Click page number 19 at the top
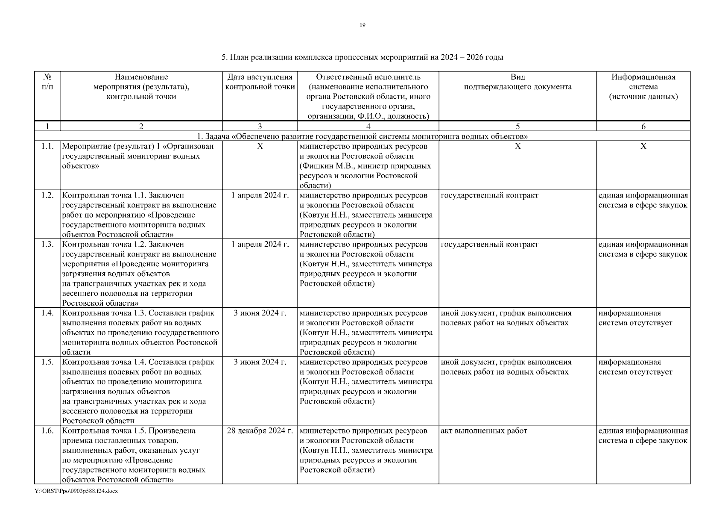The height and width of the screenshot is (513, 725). pos(362,25)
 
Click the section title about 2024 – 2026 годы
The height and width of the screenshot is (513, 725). pos(362,57)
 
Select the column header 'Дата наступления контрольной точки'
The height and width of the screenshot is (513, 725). pos(260,82)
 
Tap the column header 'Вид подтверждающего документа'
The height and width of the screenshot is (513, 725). pos(517,82)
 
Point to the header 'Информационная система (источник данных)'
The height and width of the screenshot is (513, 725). pos(643,87)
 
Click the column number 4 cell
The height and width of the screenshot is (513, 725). pos(368,126)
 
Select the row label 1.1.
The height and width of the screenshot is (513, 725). pos(47,146)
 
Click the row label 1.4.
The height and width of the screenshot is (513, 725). pos(47,313)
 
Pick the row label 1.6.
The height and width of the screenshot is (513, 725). pos(47,430)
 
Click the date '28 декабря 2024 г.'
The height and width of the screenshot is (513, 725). pos(260,430)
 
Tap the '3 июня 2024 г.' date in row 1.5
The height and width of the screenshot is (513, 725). pos(260,362)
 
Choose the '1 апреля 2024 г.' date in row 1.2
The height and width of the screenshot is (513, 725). pos(260,195)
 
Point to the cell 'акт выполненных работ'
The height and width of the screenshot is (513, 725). pos(484,430)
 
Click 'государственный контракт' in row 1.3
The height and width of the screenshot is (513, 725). pos(489,245)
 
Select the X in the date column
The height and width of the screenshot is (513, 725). pos(260,146)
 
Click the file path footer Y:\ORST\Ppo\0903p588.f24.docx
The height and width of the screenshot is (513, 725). pos(76,491)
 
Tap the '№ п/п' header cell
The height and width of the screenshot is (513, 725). pos(47,82)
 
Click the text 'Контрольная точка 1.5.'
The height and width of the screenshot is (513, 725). pos(103,430)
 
